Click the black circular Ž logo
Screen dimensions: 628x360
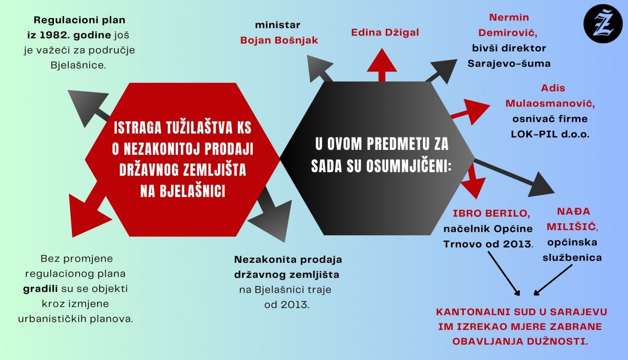point(603,23)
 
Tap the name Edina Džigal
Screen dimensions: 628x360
point(385,33)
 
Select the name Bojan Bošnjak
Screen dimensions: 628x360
point(279,40)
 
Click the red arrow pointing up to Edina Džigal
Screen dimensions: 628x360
point(382,65)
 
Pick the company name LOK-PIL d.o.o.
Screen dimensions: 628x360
point(550,134)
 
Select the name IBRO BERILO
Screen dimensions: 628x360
point(492,213)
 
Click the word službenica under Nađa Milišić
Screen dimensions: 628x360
point(572,258)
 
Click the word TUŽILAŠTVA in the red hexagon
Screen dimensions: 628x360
point(200,128)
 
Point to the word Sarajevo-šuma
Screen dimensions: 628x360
point(509,64)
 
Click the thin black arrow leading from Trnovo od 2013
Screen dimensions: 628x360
point(504,273)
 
